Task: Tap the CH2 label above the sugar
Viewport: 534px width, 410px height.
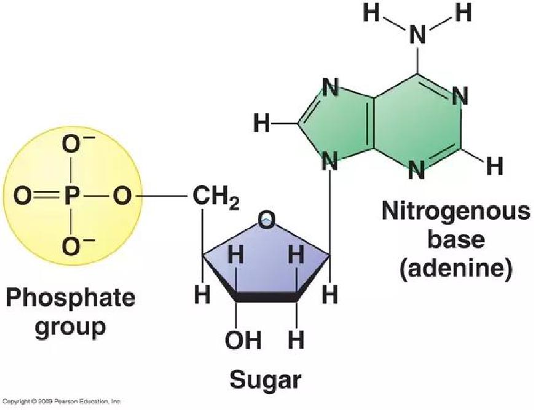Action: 216,197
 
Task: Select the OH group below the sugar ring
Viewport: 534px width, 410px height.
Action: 243,339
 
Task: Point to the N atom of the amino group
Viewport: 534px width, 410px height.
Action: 418,35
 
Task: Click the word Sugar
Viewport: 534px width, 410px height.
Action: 266,380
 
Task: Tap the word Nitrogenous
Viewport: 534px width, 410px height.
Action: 456,211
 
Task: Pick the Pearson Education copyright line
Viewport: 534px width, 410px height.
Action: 61,401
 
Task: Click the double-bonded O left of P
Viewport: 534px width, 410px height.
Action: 23,197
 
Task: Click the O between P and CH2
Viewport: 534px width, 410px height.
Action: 122,197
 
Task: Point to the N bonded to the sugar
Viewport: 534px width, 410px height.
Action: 329,162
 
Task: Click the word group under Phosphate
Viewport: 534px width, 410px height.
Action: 71,328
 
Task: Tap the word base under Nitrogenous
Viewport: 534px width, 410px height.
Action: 456,239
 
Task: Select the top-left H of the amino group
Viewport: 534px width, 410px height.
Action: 371,13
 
